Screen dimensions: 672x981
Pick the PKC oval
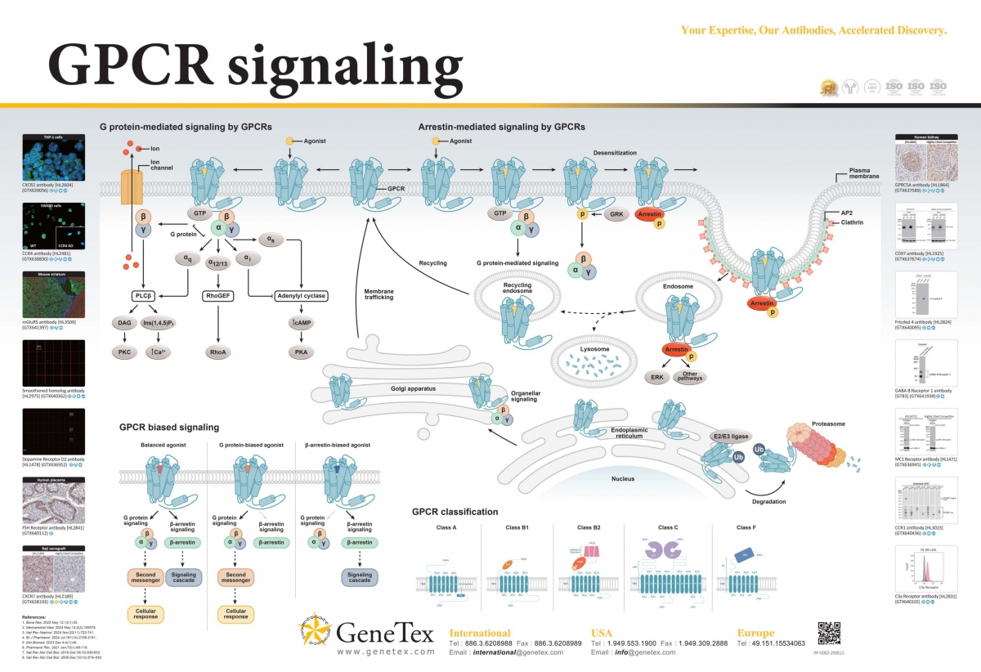tap(125, 352)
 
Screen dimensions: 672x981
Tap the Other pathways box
tap(691, 377)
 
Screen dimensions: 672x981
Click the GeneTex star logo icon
tap(316, 631)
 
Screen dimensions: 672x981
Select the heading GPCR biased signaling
tap(169, 427)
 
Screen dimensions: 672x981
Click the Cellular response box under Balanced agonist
tap(144, 614)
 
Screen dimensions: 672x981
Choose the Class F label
tap(746, 527)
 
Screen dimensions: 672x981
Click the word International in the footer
tap(480, 632)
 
